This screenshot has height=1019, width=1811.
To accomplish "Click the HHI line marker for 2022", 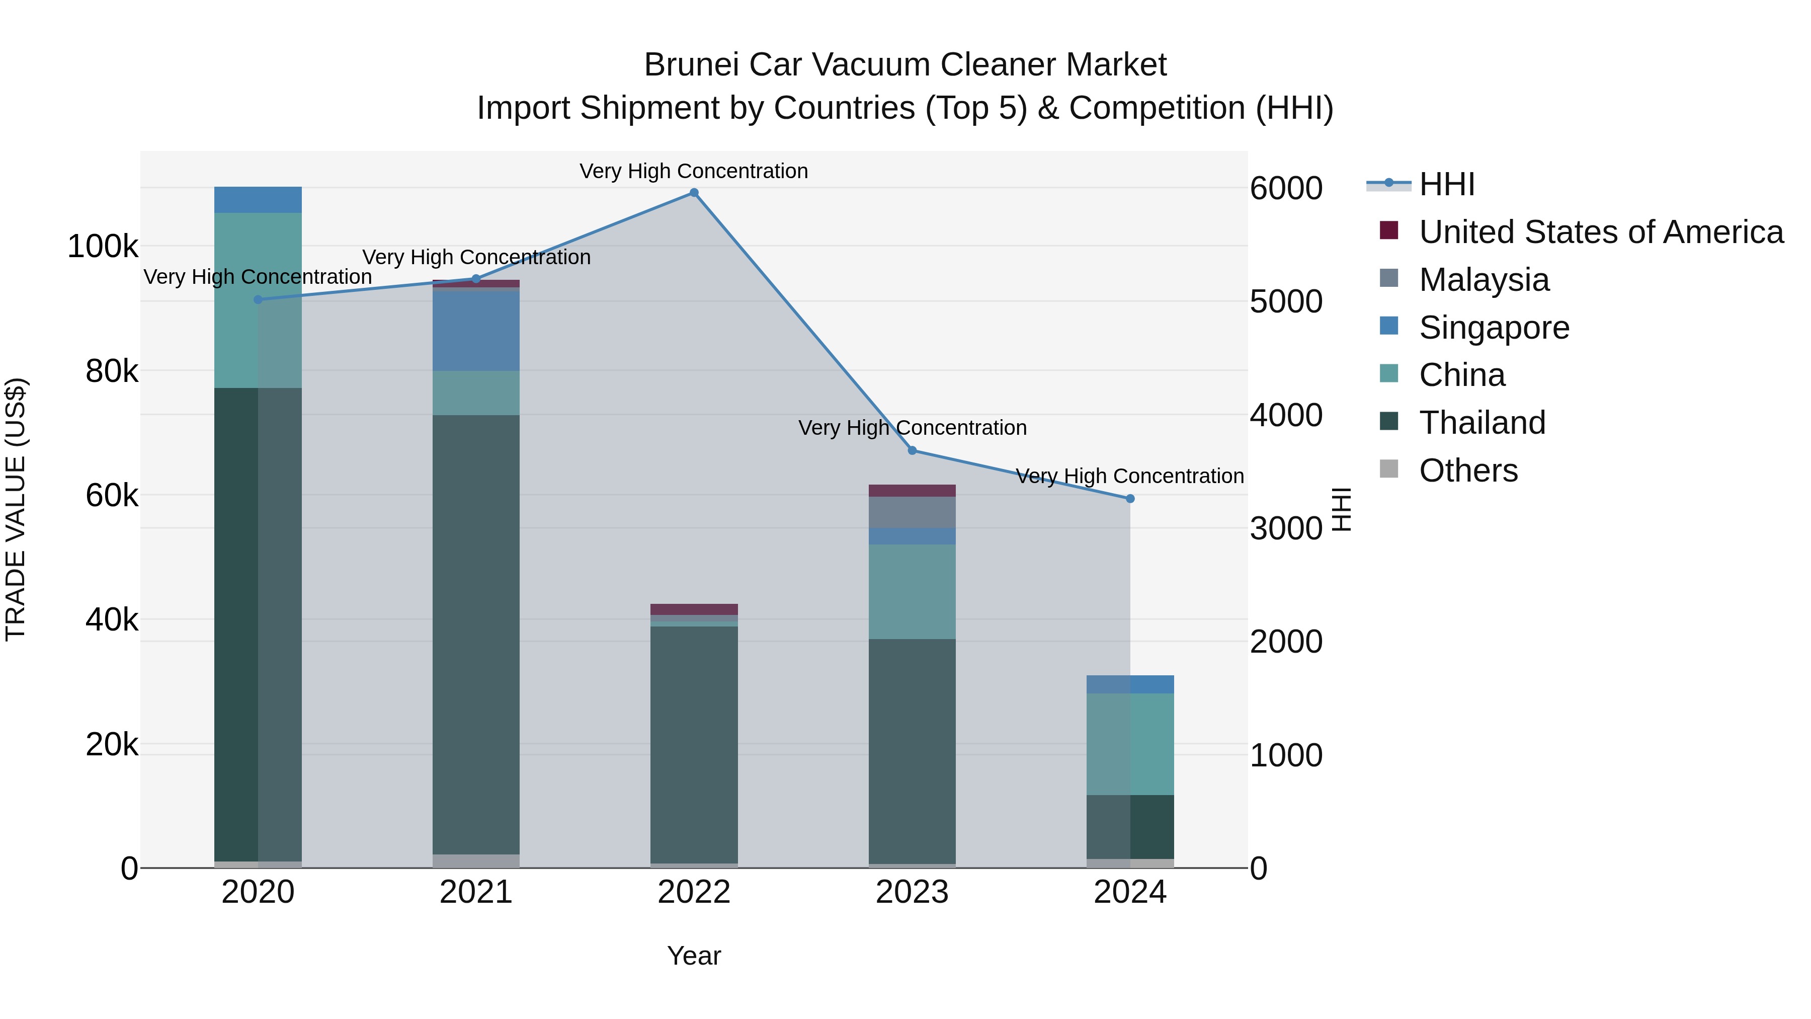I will (694, 193).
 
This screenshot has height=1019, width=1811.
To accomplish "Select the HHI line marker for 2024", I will (1130, 499).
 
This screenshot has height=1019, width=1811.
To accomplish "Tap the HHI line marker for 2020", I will (258, 299).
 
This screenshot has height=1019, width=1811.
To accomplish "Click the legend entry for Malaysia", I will (1484, 280).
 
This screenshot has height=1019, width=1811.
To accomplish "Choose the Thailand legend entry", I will (1482, 423).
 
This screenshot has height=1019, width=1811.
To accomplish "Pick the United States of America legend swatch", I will (1389, 230).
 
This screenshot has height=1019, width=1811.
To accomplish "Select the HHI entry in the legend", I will (1446, 184).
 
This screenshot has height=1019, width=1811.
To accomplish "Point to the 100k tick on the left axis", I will (103, 247).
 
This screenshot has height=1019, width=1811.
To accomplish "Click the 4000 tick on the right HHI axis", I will (1286, 415).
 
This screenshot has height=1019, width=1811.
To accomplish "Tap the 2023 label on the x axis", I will (912, 892).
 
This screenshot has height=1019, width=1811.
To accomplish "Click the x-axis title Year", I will (694, 956).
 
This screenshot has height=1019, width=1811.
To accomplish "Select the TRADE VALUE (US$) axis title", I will (16, 509).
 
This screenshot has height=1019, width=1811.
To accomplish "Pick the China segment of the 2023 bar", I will (912, 591).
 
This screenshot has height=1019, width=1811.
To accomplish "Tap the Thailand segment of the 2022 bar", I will (694, 744).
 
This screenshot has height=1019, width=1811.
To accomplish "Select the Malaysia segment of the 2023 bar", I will (912, 512).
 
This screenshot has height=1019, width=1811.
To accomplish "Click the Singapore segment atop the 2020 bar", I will (258, 200).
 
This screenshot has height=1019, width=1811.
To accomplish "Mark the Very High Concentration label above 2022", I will (694, 171).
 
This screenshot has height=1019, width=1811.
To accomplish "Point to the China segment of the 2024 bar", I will (1130, 744).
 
